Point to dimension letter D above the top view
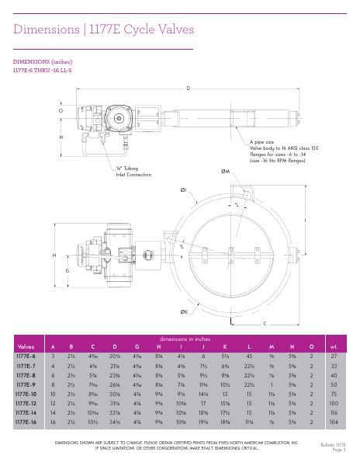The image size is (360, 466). (188, 89)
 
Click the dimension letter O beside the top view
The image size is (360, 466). (61, 111)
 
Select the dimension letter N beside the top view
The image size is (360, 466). (61, 137)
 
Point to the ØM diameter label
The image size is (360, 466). (225, 170)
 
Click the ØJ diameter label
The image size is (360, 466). (184, 189)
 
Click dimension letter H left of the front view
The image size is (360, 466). (54, 255)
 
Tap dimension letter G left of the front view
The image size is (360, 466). (67, 270)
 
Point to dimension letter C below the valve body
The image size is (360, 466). (265, 322)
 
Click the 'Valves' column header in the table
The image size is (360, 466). (26, 347)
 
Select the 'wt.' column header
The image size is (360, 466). (334, 347)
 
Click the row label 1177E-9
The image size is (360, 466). (26, 384)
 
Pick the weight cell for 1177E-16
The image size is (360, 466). (334, 420)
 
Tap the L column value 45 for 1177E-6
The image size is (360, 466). (249, 356)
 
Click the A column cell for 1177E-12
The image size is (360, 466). (53, 402)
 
